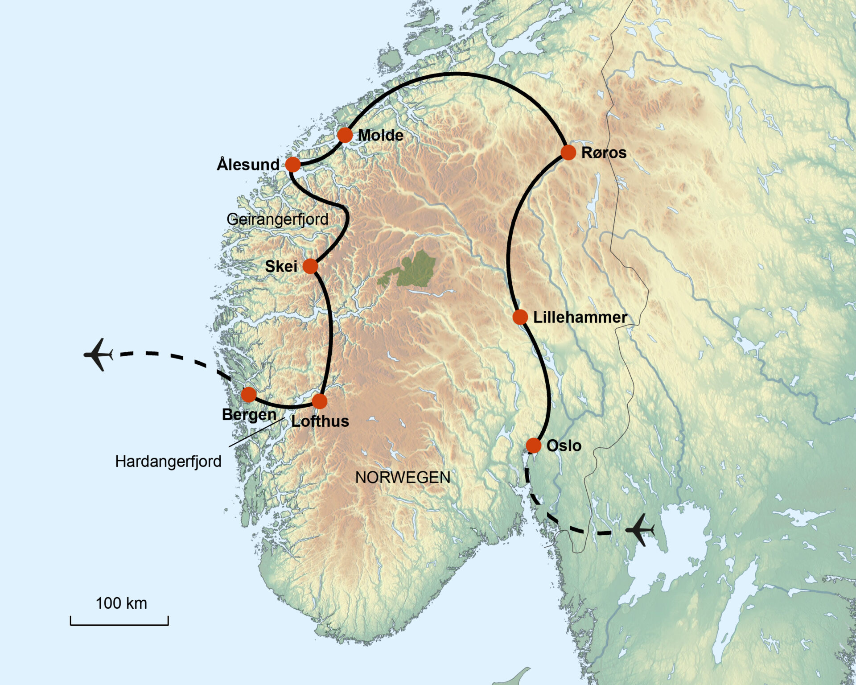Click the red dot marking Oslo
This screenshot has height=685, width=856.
tap(533, 445)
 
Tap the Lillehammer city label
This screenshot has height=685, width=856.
tap(580, 317)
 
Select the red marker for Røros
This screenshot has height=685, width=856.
tap(568, 153)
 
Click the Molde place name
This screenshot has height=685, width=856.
tap(380, 135)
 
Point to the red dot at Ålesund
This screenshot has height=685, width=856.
tap(293, 165)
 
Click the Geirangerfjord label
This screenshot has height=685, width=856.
tap(277, 219)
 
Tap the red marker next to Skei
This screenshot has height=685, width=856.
tap(310, 266)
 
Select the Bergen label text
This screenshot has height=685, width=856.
tap(249, 414)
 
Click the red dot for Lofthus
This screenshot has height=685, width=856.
tap(319, 401)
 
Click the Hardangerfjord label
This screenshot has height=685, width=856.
tap(168, 461)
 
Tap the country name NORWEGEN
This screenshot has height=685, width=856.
tap(403, 478)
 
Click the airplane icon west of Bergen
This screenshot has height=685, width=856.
tap(99, 355)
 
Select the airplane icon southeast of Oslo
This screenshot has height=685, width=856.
tap(640, 530)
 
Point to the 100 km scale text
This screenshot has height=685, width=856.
tap(121, 603)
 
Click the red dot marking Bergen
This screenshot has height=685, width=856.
tap(249, 395)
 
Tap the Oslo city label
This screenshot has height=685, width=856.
tap(564, 446)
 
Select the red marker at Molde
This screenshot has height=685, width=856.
tap(345, 135)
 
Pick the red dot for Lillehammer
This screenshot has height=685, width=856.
tap(520, 317)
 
